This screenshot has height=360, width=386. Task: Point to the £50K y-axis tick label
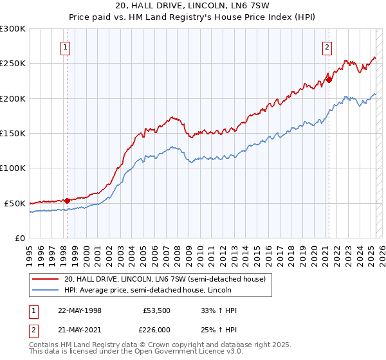click(15, 203)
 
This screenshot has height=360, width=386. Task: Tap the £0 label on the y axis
click(21, 238)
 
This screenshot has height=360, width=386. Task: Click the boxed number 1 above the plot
click(66, 46)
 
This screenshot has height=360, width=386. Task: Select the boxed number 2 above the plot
click(327, 46)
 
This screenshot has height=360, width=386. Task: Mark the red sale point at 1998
click(68, 200)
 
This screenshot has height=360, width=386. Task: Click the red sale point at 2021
click(328, 80)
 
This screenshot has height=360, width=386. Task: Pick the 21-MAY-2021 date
click(80, 330)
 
